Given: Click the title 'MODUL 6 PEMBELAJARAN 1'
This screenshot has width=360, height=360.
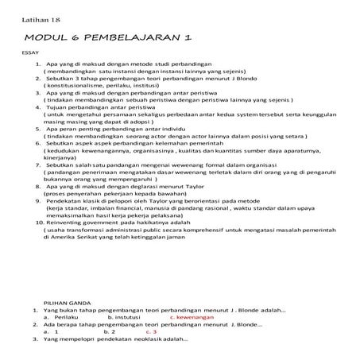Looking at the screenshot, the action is (109, 38).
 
